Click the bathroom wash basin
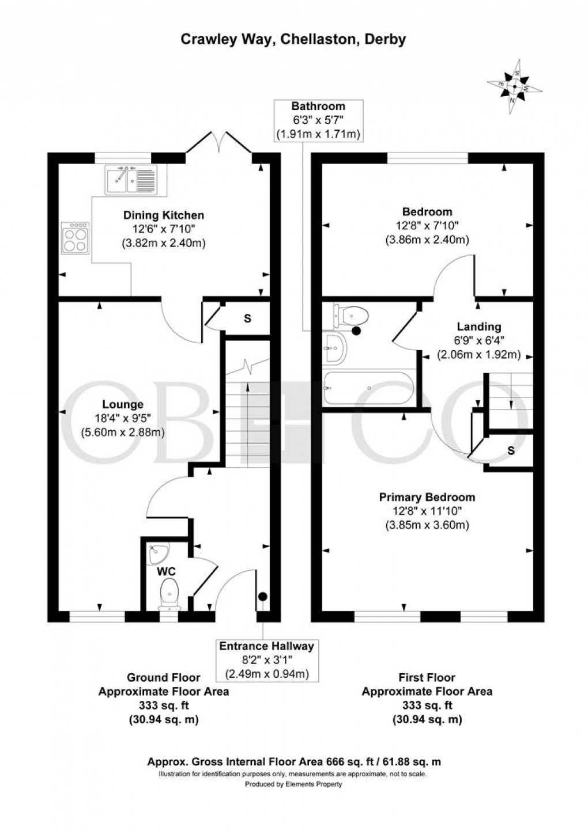[x=334, y=348]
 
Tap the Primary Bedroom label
[x=427, y=497]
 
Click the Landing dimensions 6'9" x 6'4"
[x=479, y=341]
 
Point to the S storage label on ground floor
[x=247, y=318]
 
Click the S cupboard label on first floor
[x=511, y=451]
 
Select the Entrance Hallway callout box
[x=266, y=660]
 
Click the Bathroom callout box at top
[x=318, y=120]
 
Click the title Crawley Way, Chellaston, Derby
[x=293, y=39]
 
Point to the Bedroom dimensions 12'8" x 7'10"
[x=427, y=226]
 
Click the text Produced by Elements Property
[x=293, y=784]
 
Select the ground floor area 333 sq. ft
[x=163, y=705]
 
